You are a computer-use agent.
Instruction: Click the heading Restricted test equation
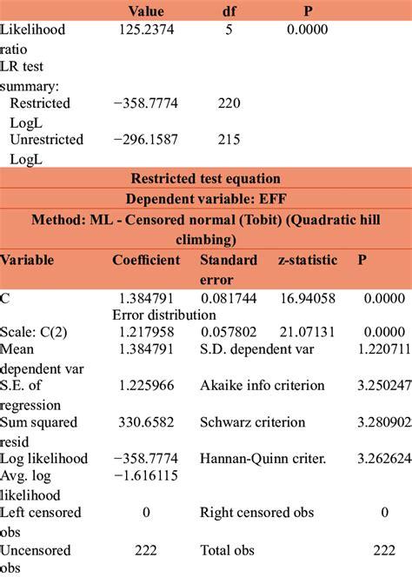click(205, 180)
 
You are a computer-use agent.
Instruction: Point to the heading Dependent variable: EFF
click(205, 199)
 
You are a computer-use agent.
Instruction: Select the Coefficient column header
click(146, 260)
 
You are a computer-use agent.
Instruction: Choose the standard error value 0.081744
click(228, 298)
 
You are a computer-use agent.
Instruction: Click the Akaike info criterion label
click(262, 385)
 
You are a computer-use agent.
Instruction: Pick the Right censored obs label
click(255, 513)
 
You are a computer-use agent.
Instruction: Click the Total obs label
click(228, 550)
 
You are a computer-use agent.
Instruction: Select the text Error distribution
click(164, 315)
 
